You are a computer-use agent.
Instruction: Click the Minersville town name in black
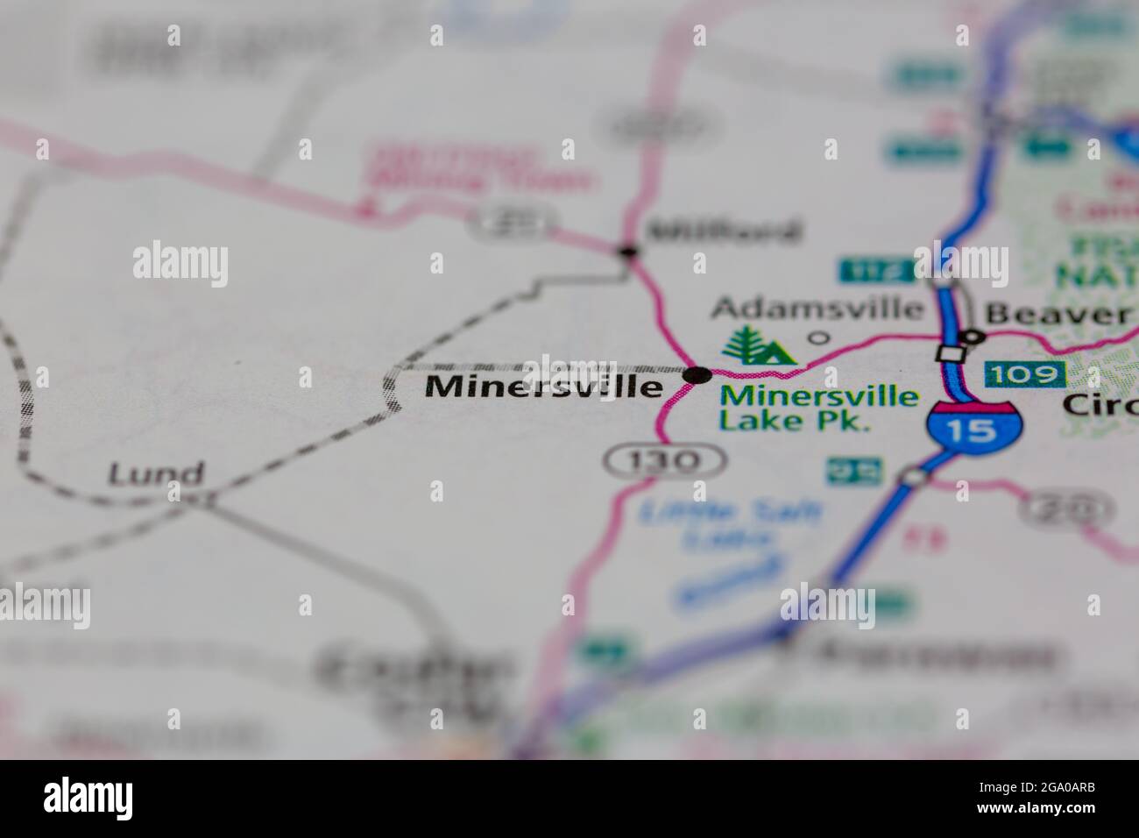point(543,387)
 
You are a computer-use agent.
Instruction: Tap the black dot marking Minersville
point(697,375)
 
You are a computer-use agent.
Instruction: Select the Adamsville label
point(817,309)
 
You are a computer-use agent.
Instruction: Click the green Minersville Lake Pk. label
point(818,408)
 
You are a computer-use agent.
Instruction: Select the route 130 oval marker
point(665,459)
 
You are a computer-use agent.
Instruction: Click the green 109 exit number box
point(1025,374)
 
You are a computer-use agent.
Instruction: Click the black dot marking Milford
point(627,252)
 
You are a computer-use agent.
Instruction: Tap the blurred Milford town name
point(723,231)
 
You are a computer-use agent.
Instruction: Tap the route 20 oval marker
point(1068,508)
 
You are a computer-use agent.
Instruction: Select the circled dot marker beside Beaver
point(973,337)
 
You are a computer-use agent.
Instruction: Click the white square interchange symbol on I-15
point(947,353)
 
